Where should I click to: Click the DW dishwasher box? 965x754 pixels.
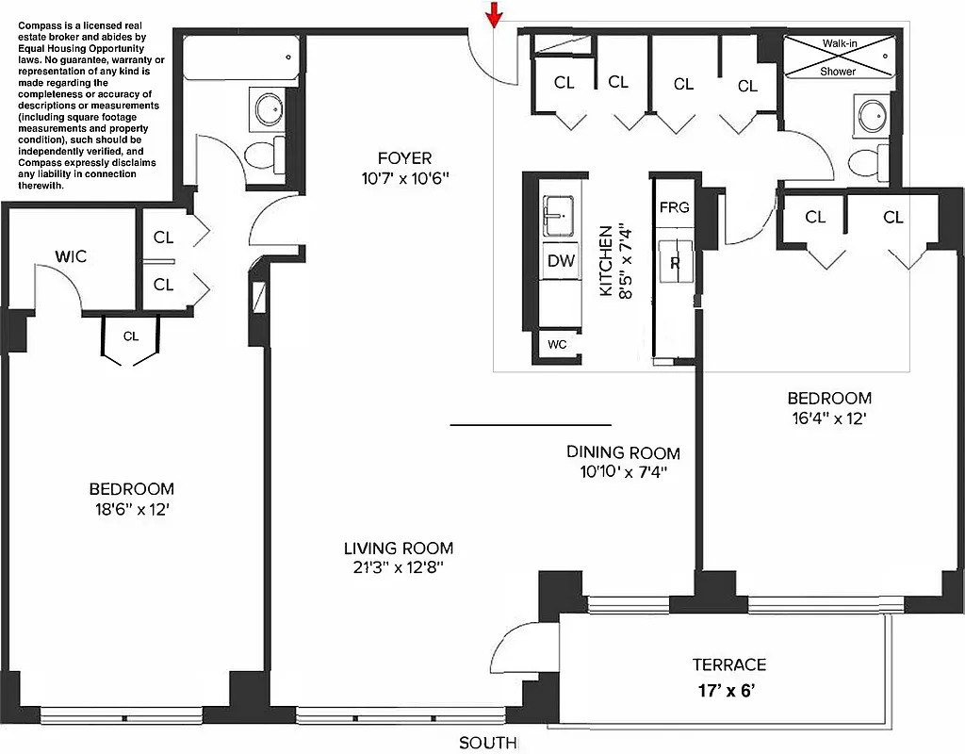(x=561, y=261)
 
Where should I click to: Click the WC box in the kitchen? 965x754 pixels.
(x=557, y=344)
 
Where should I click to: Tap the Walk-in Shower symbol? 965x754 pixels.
(x=838, y=57)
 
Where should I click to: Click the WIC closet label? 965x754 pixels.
(x=71, y=256)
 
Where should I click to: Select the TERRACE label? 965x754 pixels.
(x=728, y=664)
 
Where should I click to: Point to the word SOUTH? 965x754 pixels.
(x=487, y=744)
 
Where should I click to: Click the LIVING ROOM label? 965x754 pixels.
(x=398, y=548)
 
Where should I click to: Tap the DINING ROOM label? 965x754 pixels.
(x=623, y=452)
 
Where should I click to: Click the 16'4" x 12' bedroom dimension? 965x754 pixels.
(x=830, y=418)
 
